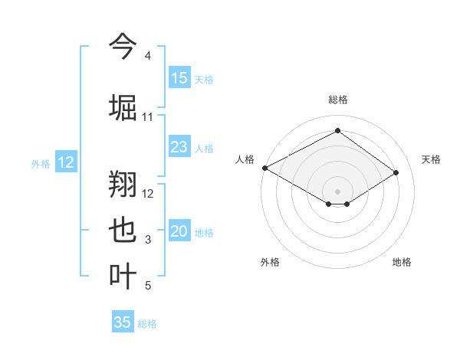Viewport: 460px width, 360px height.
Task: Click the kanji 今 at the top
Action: point(123,46)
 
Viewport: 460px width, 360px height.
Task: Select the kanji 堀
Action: point(123,106)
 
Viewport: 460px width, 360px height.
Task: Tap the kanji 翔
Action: point(123,183)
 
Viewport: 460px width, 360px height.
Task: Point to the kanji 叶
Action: point(123,275)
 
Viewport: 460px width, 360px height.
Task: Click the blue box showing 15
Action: point(179,78)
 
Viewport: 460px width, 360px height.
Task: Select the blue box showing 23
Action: point(179,147)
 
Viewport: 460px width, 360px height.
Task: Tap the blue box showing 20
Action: point(179,231)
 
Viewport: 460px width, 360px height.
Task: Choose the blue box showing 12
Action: point(66,162)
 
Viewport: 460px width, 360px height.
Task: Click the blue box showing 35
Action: point(123,322)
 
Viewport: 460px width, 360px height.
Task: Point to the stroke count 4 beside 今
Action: point(147,57)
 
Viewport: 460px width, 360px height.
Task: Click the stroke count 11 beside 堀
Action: point(147,117)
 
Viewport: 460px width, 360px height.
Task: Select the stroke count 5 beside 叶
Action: point(147,286)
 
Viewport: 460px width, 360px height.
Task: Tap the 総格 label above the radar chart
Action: point(337,100)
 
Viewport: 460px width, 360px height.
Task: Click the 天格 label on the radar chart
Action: point(432,159)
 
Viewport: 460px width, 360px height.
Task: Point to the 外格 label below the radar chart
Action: point(270,263)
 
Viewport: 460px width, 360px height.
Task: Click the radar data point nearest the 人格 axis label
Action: point(264,168)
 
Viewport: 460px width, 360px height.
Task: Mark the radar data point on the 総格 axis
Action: point(337,131)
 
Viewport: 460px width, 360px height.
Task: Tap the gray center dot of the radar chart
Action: point(337,191)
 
